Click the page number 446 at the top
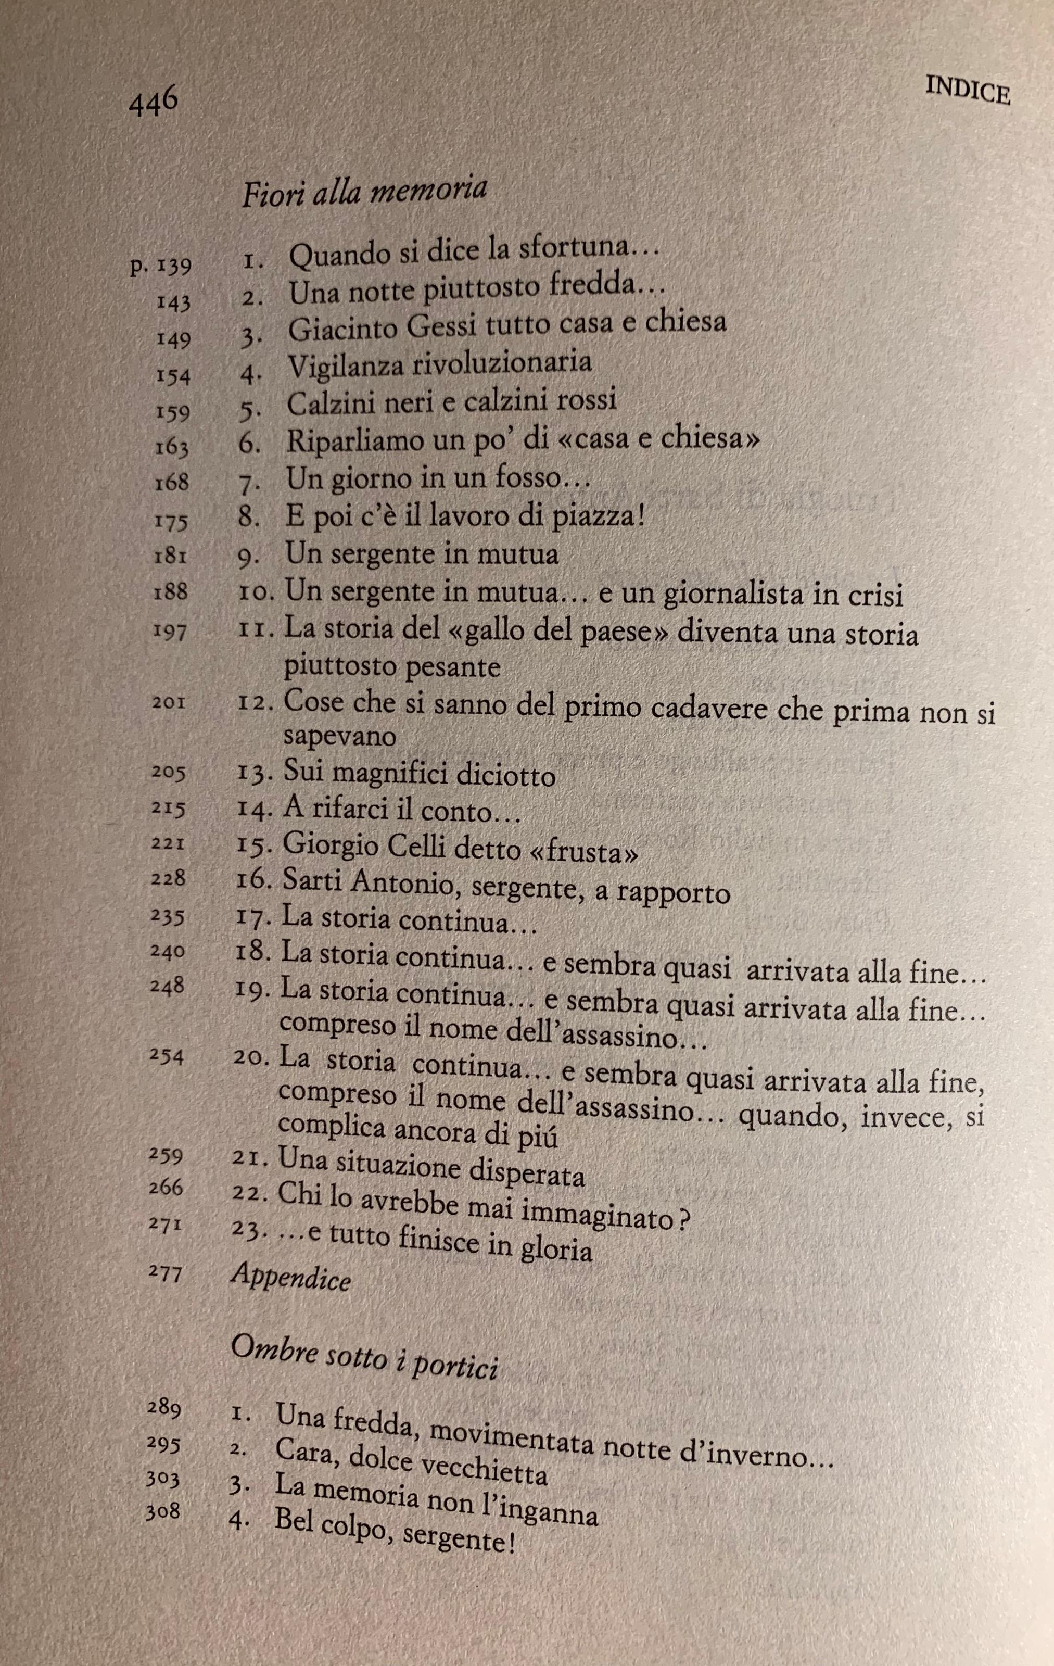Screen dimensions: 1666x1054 click(x=154, y=104)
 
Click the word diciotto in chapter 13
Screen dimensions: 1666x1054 click(x=504, y=776)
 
